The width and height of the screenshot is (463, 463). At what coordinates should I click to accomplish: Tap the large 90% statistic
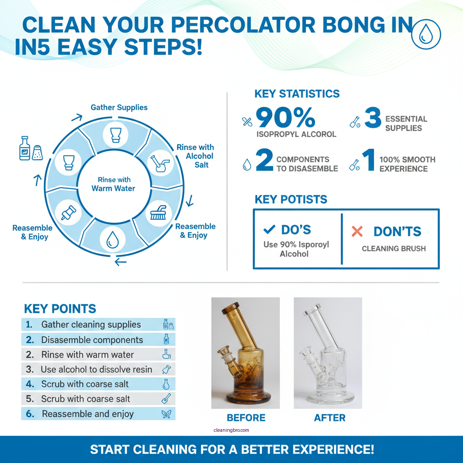[285, 118]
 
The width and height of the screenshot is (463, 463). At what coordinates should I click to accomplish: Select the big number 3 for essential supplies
[373, 118]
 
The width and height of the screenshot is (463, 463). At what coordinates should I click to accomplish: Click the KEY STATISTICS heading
[297, 94]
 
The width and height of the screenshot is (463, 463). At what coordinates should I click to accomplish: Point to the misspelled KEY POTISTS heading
[291, 199]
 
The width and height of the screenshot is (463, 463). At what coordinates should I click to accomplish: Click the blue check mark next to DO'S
[269, 230]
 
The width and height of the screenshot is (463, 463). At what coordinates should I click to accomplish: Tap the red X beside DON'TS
[357, 231]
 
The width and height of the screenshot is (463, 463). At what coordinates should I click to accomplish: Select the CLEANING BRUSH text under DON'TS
[394, 249]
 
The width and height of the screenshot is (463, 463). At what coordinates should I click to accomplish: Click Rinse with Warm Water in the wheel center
[113, 184]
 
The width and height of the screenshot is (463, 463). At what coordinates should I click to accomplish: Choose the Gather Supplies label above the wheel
[119, 108]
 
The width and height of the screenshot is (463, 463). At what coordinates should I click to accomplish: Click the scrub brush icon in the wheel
[158, 211]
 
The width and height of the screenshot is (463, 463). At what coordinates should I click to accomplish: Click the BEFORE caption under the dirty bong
[246, 417]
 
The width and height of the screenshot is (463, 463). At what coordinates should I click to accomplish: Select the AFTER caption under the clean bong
[330, 417]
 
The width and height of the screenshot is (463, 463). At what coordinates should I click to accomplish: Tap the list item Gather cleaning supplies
[91, 325]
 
